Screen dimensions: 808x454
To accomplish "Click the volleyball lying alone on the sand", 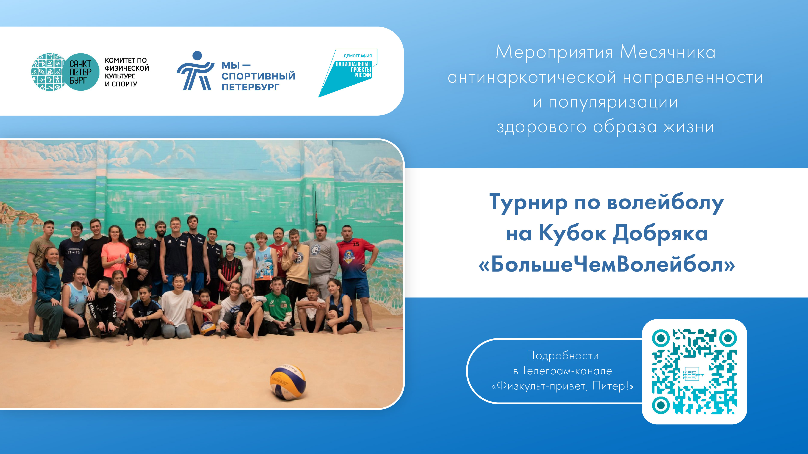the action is [288, 382].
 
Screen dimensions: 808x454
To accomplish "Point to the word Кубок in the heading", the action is [573, 234].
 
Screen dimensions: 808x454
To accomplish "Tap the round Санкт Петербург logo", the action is [65, 72].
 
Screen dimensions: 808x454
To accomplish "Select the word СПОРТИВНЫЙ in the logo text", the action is [258, 76].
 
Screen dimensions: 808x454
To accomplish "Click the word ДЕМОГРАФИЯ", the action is [358, 56].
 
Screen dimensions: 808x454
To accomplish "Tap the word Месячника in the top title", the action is [668, 52].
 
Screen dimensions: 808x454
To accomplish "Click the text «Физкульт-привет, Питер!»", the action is [563, 386].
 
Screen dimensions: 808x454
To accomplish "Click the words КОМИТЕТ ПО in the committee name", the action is [126, 60].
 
